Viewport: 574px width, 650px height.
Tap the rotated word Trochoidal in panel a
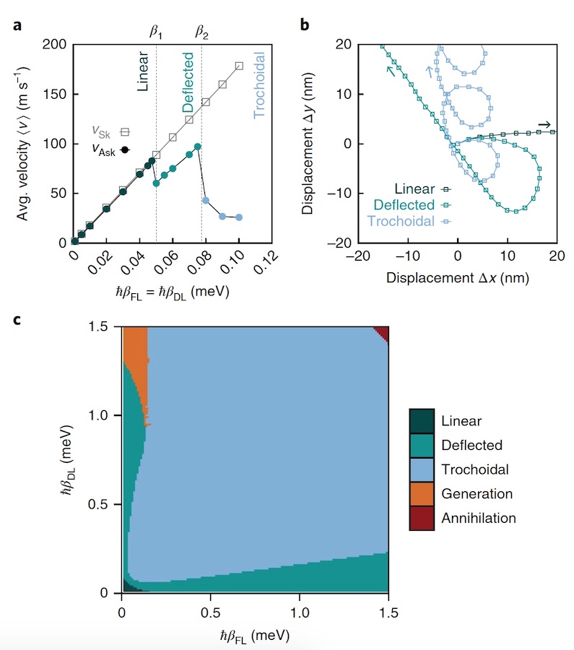pyautogui.click(x=261, y=87)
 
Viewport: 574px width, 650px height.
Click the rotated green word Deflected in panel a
pyautogui.click(x=188, y=82)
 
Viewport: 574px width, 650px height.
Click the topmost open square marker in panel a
pyautogui.click(x=239, y=66)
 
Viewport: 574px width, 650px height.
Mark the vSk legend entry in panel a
pyautogui.click(x=110, y=131)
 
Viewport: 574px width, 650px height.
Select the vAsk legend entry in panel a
pyautogui.click(x=110, y=149)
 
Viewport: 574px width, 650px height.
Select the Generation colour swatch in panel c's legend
pyautogui.click(x=421, y=494)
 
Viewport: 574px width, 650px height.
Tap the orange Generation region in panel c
pyautogui.click(x=135, y=361)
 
